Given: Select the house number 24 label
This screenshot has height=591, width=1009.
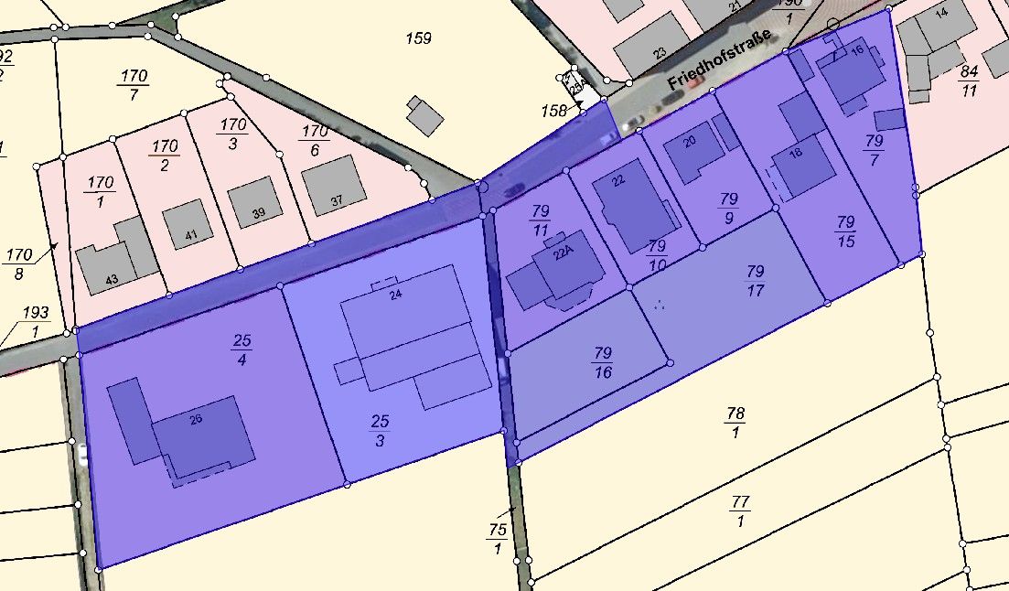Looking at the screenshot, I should coord(395,295).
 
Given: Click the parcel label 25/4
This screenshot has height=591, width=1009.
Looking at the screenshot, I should coord(242,349).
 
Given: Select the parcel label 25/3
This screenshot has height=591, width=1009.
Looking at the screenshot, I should coord(380,430).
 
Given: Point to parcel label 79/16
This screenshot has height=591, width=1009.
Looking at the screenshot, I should coord(603,362).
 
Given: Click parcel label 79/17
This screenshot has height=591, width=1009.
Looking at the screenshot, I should coord(755,281).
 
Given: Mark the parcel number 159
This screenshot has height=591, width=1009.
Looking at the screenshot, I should coord(418,38).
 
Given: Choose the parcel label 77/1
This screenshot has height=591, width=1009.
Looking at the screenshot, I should coord(740,511).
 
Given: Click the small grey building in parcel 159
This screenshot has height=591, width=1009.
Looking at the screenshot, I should coord(425,115).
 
